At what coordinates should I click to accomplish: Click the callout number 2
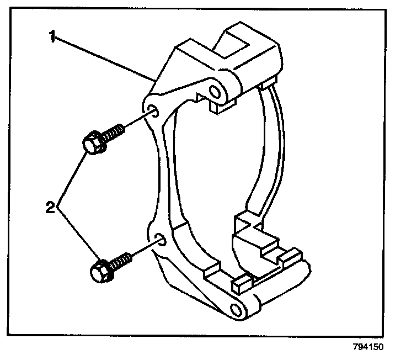pyautogui.click(x=50, y=209)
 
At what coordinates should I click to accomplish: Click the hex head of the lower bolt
pyautogui.click(x=99, y=271)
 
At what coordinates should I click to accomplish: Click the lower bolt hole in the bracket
pyautogui.click(x=161, y=239)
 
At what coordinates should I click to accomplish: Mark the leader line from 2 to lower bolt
pyautogui.click(x=77, y=232)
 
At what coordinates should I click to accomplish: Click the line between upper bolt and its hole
pyautogui.click(x=138, y=121)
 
